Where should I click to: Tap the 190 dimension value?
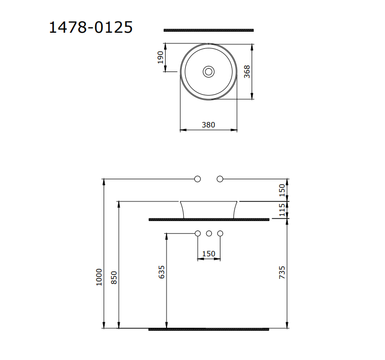point(161,57)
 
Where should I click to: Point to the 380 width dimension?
point(208,125)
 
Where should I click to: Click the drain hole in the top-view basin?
point(208,72)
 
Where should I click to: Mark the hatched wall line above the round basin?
point(208,30)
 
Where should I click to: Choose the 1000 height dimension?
point(99,276)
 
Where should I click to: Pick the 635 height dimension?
point(161,272)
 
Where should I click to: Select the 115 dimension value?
point(282,209)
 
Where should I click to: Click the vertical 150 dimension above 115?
point(282,190)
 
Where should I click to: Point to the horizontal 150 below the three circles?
point(208,254)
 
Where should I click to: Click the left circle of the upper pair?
point(197,179)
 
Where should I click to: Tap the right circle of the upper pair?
point(220,179)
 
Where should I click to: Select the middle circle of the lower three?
point(209,233)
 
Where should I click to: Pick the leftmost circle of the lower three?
point(197,233)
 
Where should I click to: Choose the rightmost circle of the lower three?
point(220,233)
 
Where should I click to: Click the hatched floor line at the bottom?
point(208,329)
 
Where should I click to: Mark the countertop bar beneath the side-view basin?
point(208,220)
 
